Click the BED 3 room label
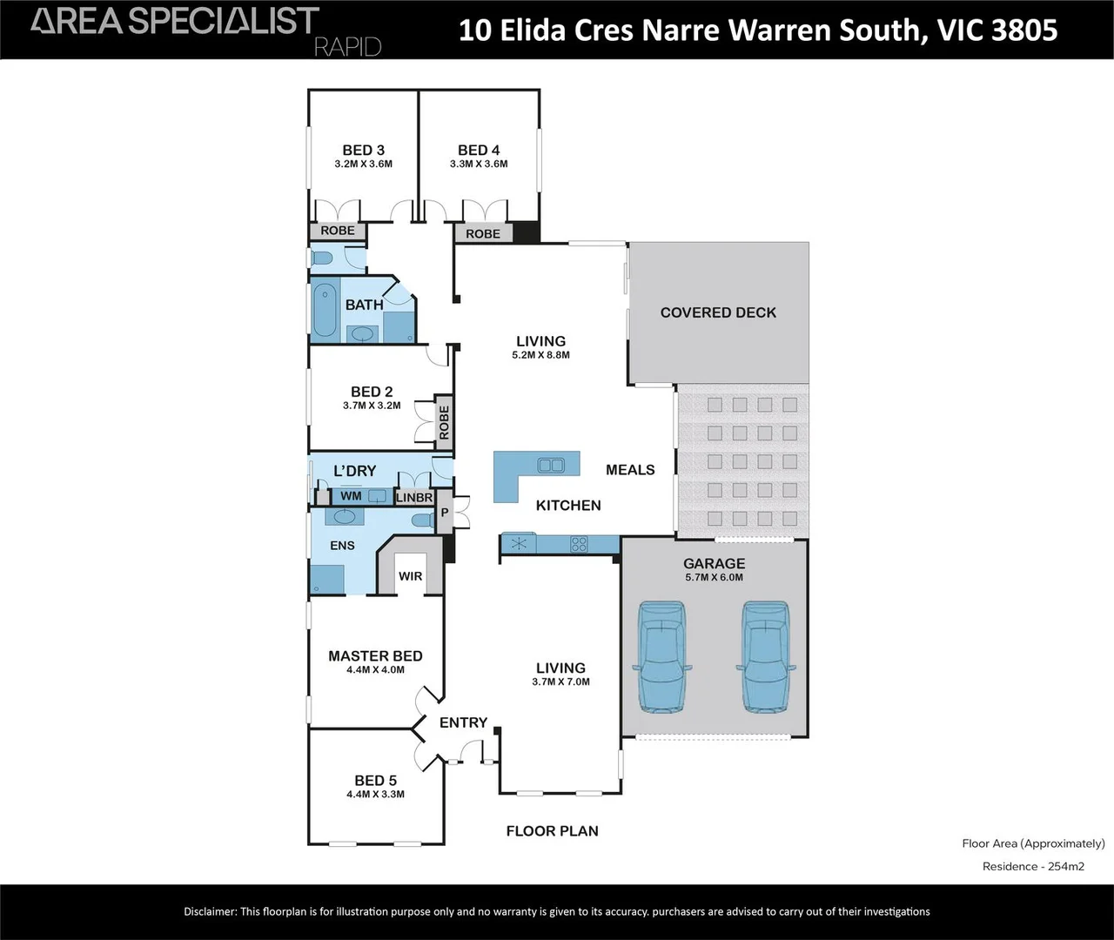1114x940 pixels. pyautogui.click(x=363, y=151)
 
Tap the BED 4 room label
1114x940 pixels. pyautogui.click(x=479, y=151)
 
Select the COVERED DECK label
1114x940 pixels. pyautogui.click(x=718, y=312)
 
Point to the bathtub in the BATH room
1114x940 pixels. pyautogui.click(x=324, y=308)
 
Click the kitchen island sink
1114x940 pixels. pyautogui.click(x=550, y=464)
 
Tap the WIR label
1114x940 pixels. pyautogui.click(x=410, y=576)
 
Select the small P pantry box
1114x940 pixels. pyautogui.click(x=444, y=513)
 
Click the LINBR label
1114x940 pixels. pyautogui.click(x=414, y=498)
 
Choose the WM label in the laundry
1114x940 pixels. pyautogui.click(x=351, y=496)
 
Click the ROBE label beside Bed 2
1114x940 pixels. pyautogui.click(x=444, y=422)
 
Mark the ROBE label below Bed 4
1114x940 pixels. pyautogui.click(x=483, y=233)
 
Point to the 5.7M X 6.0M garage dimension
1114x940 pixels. pyautogui.click(x=714, y=577)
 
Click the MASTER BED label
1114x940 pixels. pyautogui.click(x=375, y=656)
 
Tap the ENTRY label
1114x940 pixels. pyautogui.click(x=463, y=722)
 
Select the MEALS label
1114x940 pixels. pyautogui.click(x=630, y=470)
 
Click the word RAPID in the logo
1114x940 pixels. pyautogui.click(x=347, y=46)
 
